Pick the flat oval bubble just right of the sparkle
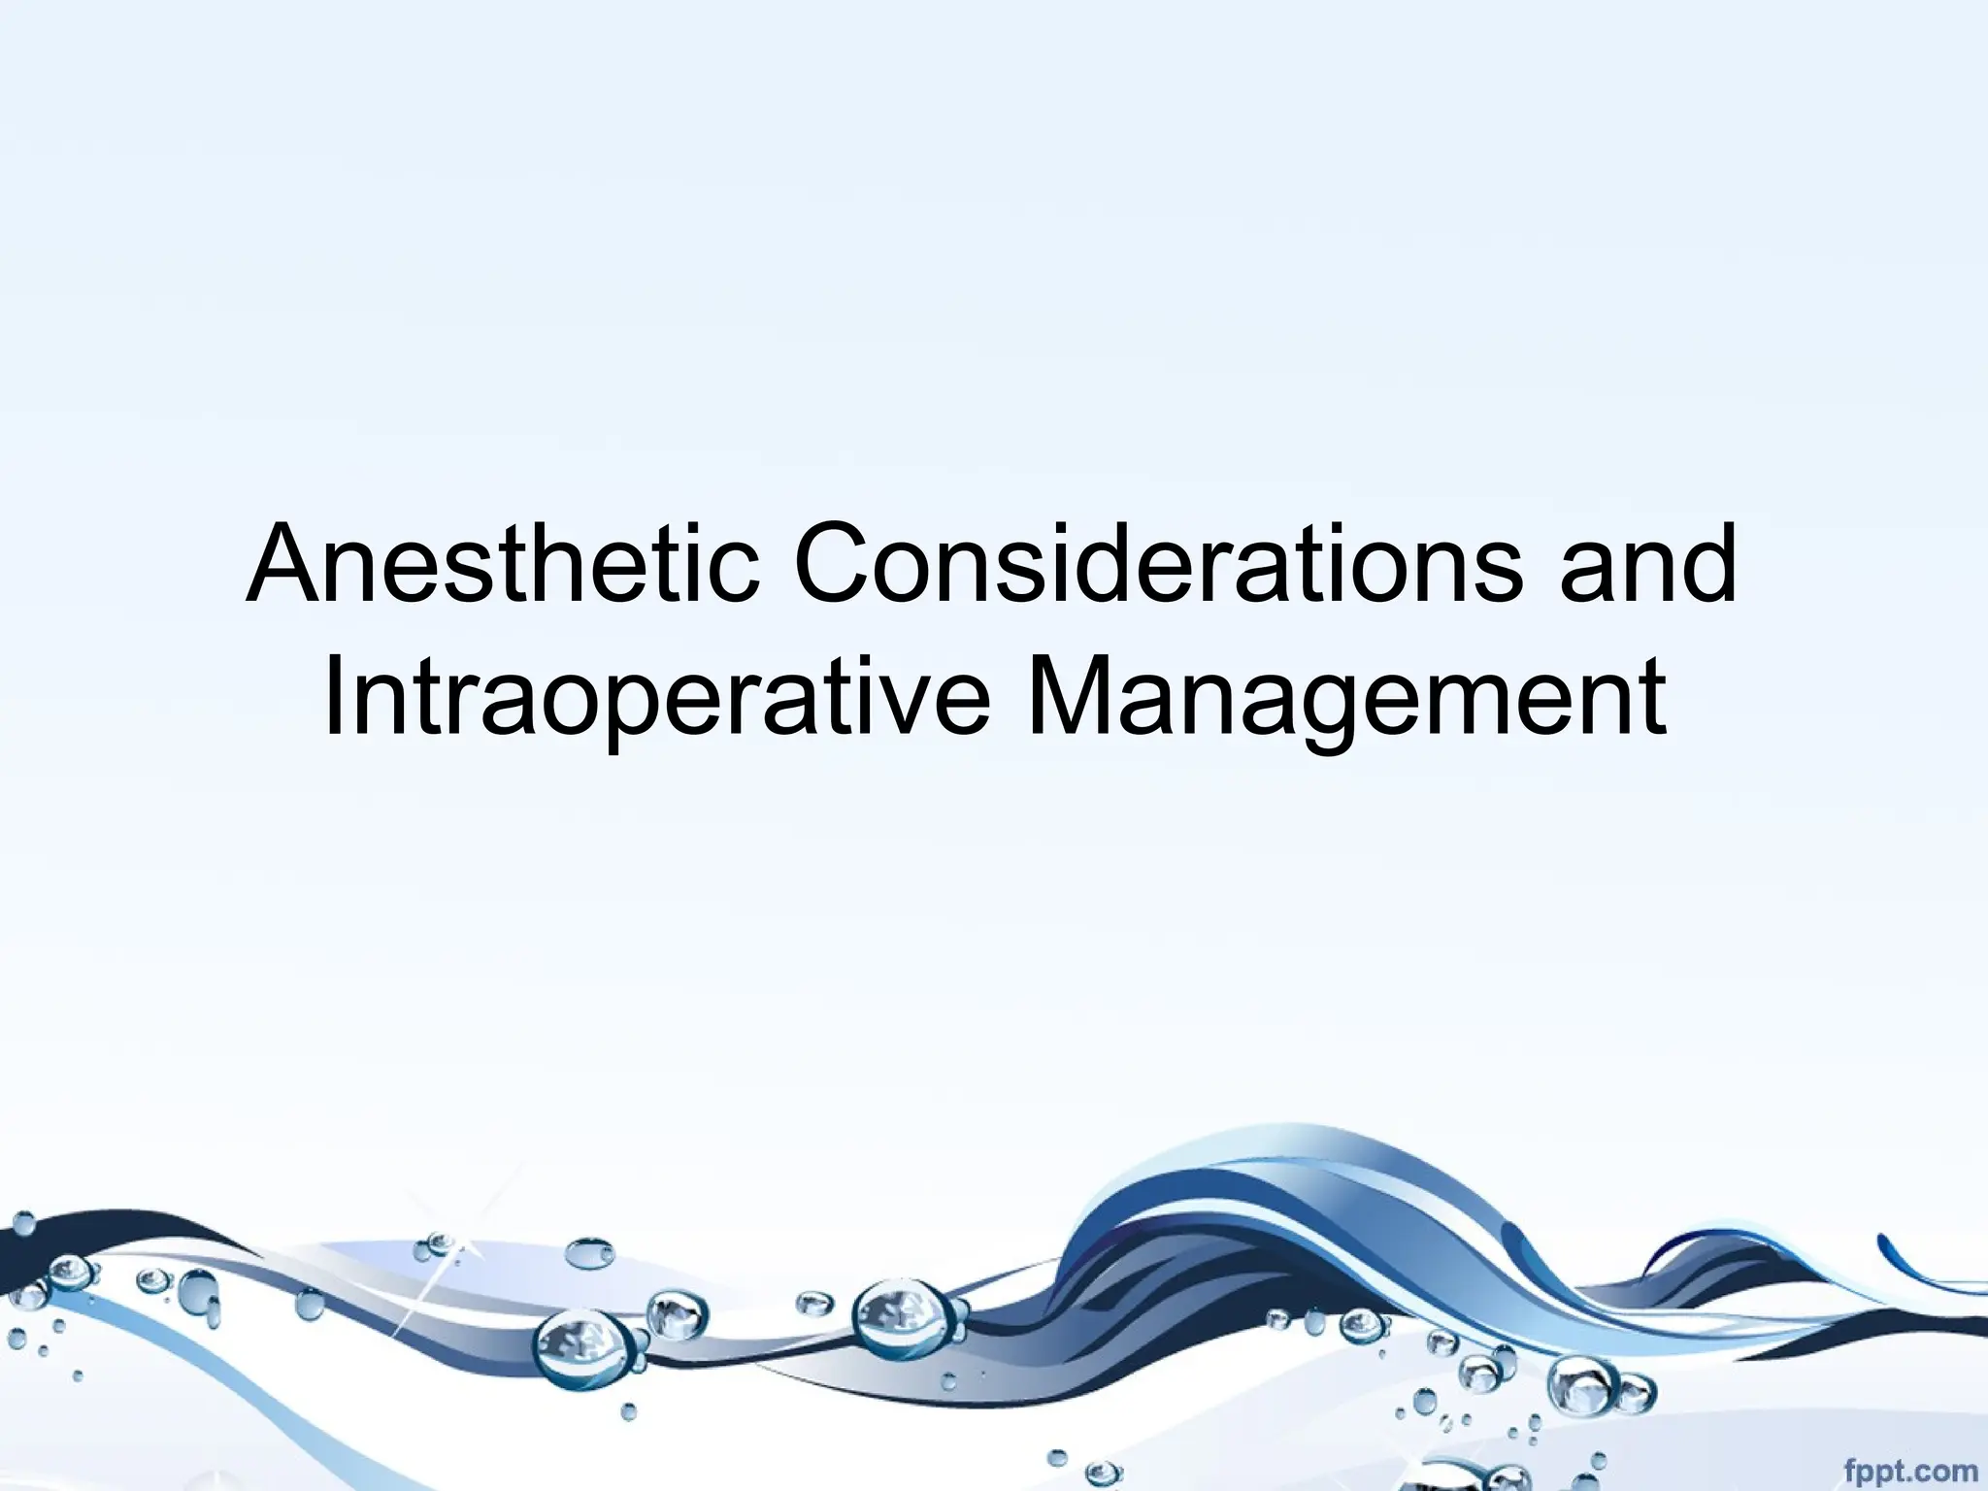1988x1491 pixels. (589, 1252)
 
